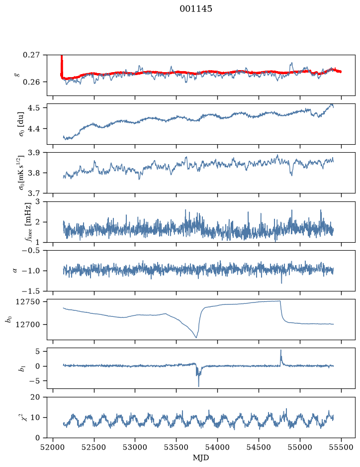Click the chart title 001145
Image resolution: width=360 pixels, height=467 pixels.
pos(195,9)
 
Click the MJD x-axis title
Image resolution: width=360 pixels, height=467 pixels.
pos(201,458)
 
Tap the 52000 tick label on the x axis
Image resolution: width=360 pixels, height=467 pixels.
pos(53,447)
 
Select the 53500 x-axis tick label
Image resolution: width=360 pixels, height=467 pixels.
pos(177,447)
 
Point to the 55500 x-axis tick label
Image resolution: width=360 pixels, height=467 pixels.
pos(341,447)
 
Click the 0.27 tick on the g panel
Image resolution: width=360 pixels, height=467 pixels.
pos(31,55)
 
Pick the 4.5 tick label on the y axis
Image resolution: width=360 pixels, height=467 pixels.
pos(33,108)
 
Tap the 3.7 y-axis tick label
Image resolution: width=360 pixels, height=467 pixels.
pos(33,193)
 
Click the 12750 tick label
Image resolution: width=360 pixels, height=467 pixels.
pos(27,302)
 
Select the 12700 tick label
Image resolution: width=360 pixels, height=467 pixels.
pos(27,325)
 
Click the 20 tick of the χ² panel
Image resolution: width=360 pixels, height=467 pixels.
pos(35,397)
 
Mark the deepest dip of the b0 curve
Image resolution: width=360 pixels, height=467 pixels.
pos(196,337)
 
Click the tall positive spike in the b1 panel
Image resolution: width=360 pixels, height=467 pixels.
pos(280,351)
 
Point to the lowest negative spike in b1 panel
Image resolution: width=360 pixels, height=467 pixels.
pos(198,386)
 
